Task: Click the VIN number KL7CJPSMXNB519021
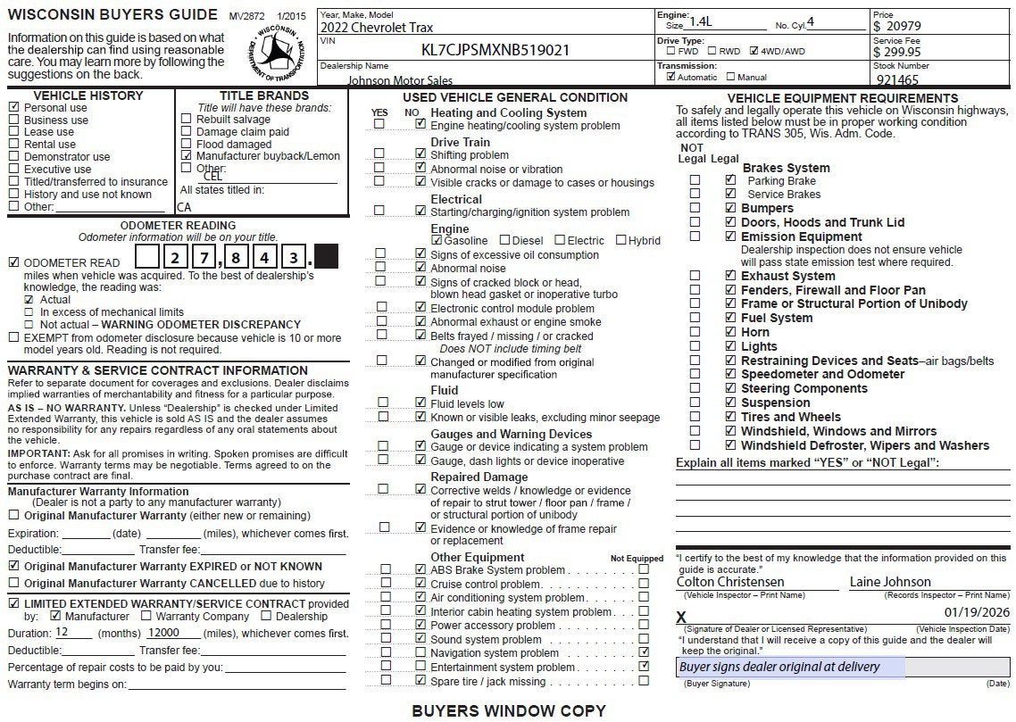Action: click(x=496, y=50)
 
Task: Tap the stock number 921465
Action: click(x=897, y=79)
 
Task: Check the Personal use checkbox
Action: click(x=13, y=107)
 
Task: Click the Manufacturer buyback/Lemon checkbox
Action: click(x=186, y=155)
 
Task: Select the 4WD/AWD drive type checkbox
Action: click(x=754, y=51)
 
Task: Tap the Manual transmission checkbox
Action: click(x=729, y=77)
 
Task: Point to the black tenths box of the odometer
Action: click(x=326, y=259)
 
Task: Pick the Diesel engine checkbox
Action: click(x=504, y=240)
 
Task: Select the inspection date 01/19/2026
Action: click(x=976, y=612)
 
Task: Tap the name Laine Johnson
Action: click(x=889, y=582)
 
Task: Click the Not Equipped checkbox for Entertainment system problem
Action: click(x=644, y=667)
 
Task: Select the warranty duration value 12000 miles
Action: click(x=164, y=632)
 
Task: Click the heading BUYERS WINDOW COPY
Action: click(x=508, y=710)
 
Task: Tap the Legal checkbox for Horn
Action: click(x=730, y=332)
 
